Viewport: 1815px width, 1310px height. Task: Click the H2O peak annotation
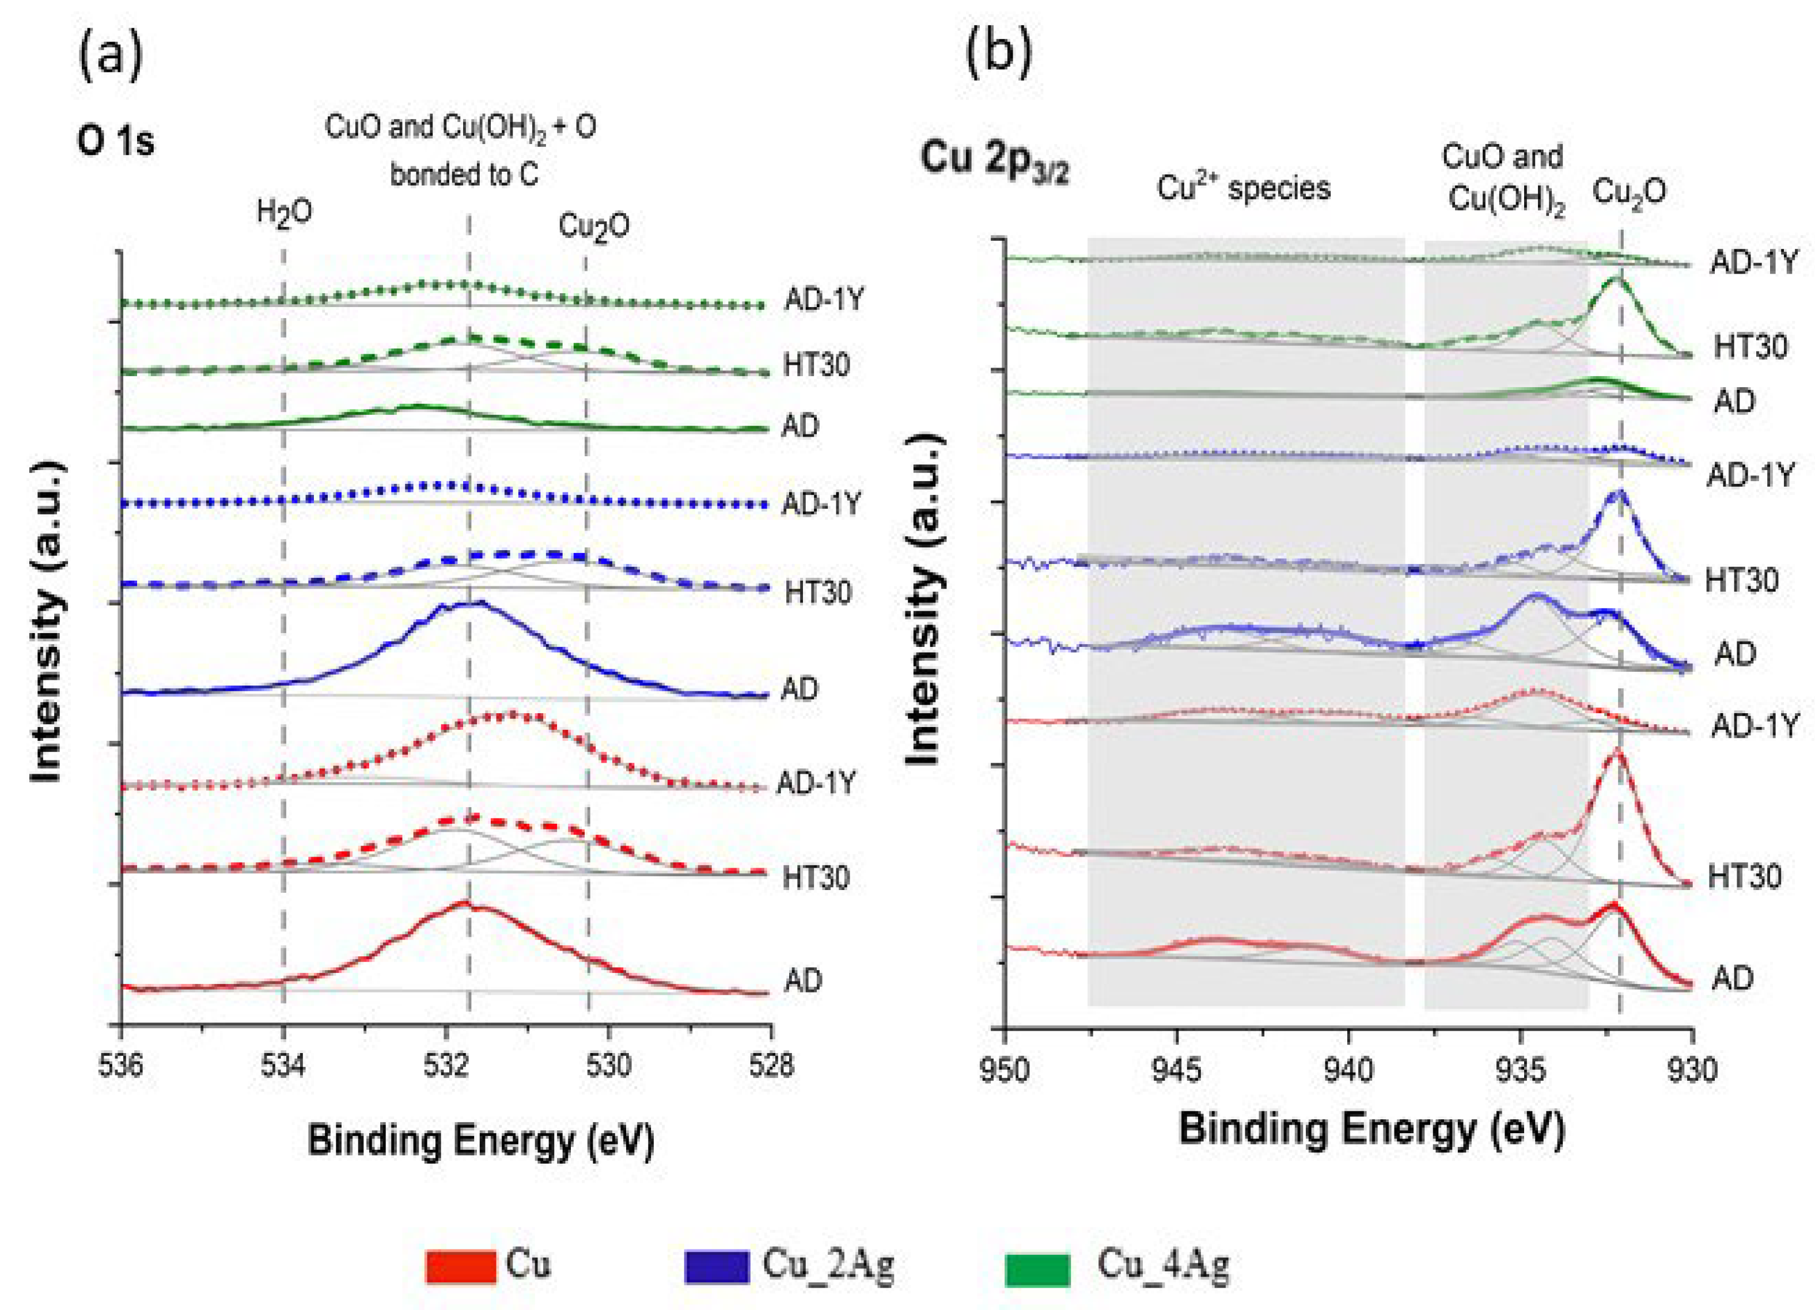pyautogui.click(x=284, y=213)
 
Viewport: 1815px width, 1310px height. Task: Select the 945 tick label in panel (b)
pyautogui.click(x=1176, y=1069)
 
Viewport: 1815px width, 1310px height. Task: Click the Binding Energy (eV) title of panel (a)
pyautogui.click(x=481, y=1141)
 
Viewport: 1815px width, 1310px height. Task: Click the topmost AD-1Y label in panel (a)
pyautogui.click(x=824, y=300)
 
